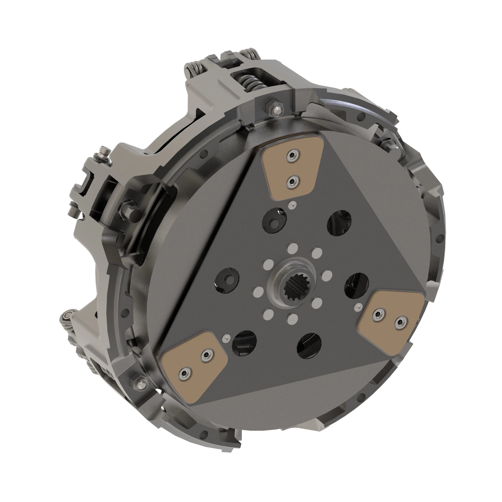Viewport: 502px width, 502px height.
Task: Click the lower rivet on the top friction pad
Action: coord(293,180)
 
